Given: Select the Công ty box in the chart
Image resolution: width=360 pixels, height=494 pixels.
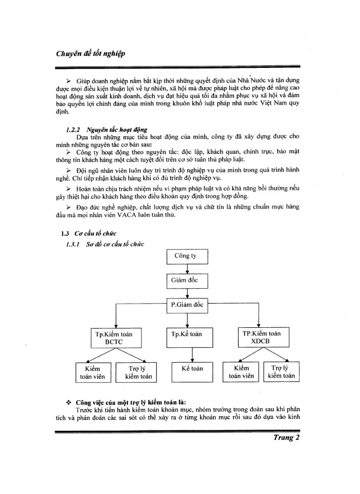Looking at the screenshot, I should point(186,255).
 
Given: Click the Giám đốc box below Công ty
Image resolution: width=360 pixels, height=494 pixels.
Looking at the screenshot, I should point(186,280).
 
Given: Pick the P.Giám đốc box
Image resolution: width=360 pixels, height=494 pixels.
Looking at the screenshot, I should point(186,305).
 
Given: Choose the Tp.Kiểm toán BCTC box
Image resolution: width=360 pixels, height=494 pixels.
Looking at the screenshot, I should point(114,338).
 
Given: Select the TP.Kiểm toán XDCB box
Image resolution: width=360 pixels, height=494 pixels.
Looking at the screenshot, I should point(261,337).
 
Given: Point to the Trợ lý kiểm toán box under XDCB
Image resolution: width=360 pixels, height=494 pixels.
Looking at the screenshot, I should point(281,372).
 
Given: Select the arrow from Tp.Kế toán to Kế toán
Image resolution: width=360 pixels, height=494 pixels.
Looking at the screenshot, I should point(192,355).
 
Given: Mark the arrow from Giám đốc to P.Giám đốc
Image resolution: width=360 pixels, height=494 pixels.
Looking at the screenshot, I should point(186,293).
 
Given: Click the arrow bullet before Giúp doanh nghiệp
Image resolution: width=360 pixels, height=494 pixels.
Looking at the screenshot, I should point(69,82).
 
